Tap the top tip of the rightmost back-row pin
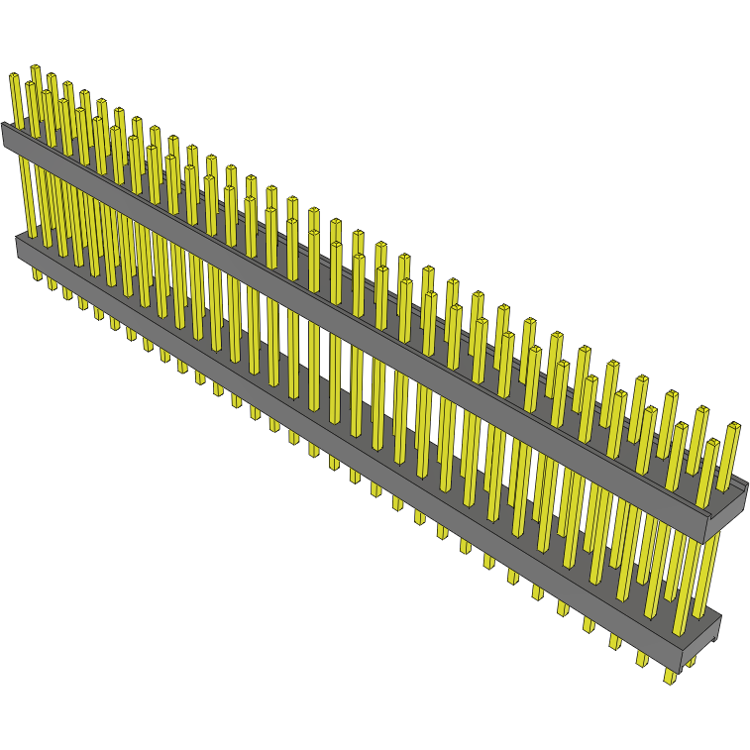734,426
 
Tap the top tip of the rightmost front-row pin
712,443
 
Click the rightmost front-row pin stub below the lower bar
670,677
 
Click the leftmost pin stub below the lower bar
37,272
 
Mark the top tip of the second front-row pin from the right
681,426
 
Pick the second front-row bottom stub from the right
642,659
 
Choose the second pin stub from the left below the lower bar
53,283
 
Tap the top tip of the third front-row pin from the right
651,409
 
